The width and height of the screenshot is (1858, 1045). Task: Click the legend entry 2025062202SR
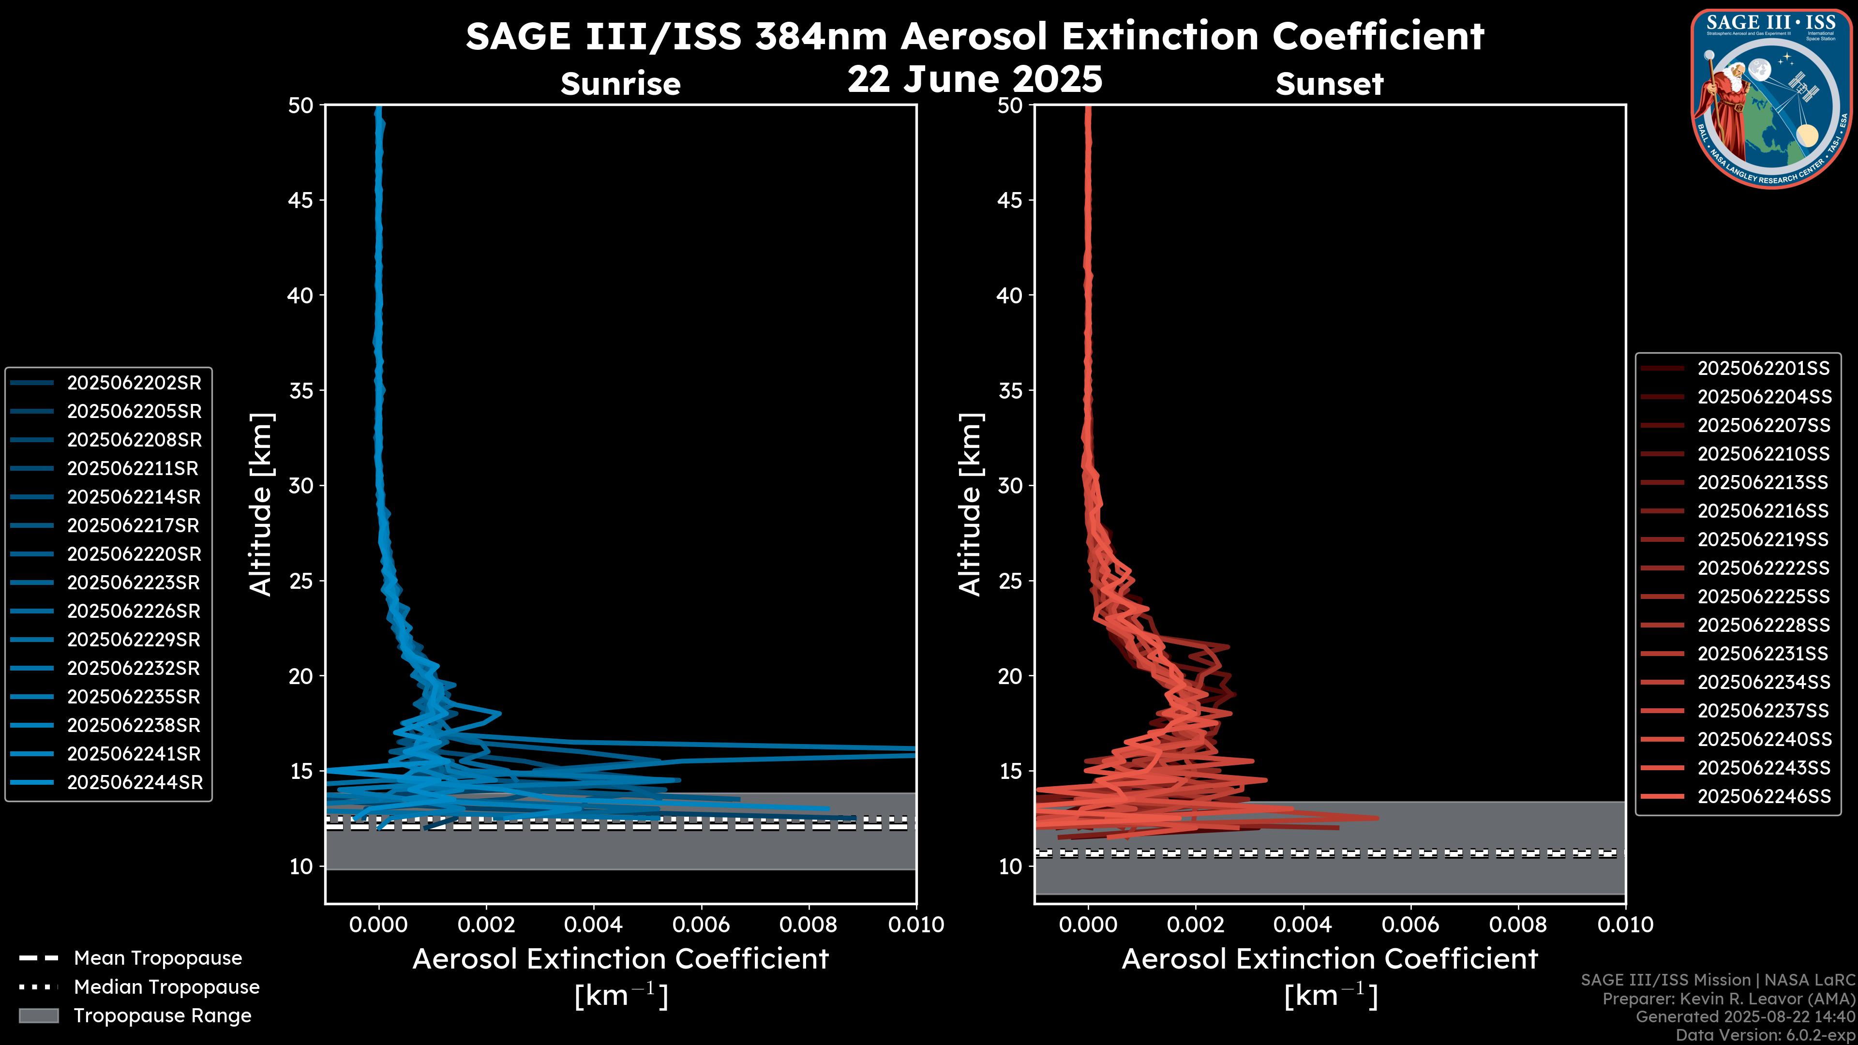click(134, 383)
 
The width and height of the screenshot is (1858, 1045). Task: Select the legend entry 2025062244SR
click(135, 782)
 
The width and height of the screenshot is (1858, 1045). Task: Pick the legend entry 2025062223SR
click(134, 582)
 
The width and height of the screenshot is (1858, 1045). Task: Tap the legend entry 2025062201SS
click(1763, 369)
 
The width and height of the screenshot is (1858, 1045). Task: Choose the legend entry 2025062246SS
click(1764, 796)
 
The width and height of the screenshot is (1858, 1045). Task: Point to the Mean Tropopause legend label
click(158, 958)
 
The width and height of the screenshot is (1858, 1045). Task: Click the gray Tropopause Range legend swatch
click(38, 1015)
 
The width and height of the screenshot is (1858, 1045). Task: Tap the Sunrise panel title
click(620, 84)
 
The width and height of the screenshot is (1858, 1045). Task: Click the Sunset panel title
click(1329, 84)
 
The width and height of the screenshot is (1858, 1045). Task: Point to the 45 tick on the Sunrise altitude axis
click(301, 200)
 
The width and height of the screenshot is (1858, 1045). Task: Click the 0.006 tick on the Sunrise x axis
click(701, 925)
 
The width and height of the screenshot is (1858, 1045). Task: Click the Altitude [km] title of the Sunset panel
click(971, 505)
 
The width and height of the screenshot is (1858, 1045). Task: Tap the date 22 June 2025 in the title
click(974, 79)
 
